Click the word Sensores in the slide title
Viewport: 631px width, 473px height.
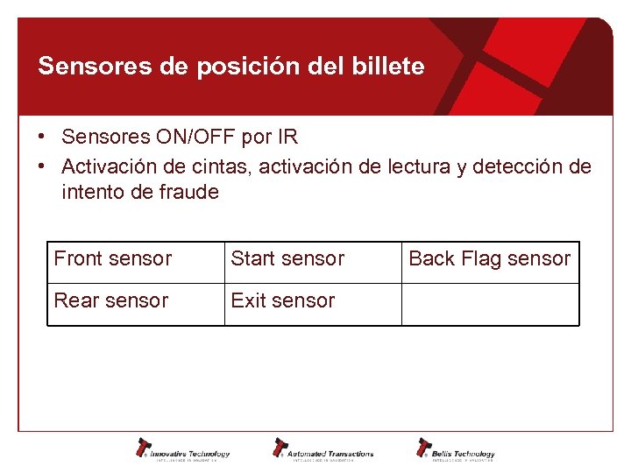pos(79,67)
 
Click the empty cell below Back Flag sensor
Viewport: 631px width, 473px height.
pos(490,304)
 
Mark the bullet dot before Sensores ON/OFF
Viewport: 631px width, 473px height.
pos(42,138)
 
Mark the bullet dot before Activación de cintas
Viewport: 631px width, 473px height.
pos(42,166)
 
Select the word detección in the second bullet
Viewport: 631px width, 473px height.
pos(526,166)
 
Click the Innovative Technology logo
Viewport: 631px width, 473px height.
pos(182,449)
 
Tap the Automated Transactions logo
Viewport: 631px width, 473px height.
pos(323,449)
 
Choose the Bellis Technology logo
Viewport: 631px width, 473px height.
pos(456,449)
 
